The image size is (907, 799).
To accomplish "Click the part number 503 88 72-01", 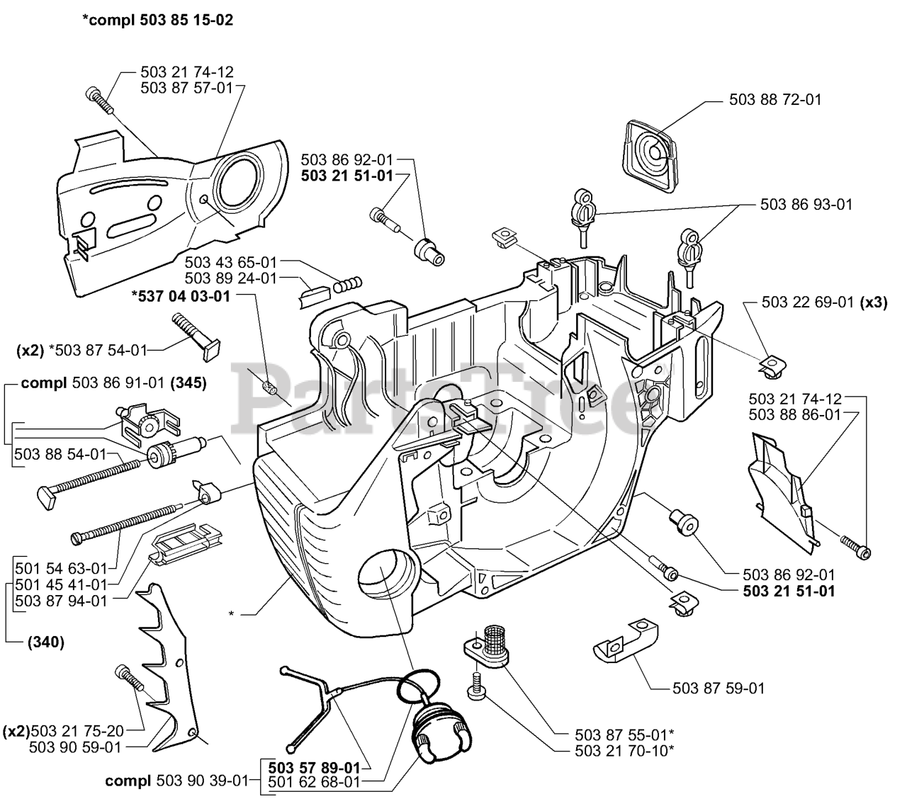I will coord(775,100).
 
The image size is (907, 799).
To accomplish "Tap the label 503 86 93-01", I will coord(806,205).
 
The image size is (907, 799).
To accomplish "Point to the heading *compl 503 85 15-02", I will coord(157,21).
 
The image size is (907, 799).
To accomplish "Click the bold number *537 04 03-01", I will coord(181,296).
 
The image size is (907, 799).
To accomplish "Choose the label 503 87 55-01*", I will coord(614,735).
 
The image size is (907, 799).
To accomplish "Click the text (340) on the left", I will coord(46,642).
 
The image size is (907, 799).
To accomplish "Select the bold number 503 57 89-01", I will coord(314,767).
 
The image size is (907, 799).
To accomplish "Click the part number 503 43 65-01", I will coord(230,263).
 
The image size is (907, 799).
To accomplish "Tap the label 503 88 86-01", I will coord(794,414).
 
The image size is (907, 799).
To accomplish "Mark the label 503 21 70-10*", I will coord(614,750).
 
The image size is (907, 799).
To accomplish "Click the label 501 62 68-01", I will coord(314,782).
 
